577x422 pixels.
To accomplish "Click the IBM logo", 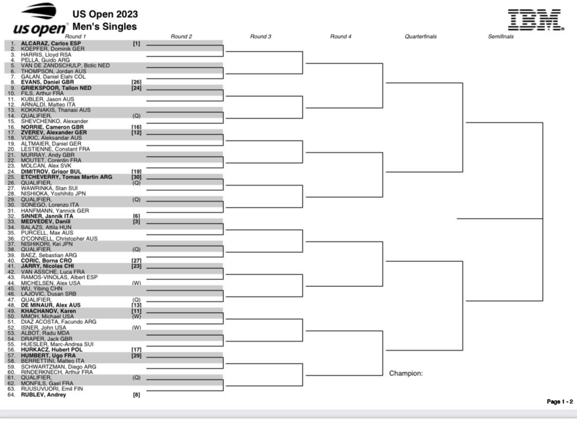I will click(x=535, y=20).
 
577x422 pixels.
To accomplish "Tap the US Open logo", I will click(x=40, y=19).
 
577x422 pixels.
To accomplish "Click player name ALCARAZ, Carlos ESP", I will click(x=51, y=43).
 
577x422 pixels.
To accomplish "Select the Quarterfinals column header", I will click(x=421, y=36).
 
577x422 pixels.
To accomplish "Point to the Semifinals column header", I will click(x=500, y=36).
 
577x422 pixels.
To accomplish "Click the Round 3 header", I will click(x=260, y=36).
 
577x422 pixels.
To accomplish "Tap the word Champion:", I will click(x=406, y=374).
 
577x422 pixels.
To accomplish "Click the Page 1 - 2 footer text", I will click(x=560, y=402).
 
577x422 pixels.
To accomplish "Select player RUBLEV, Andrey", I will click(x=43, y=395).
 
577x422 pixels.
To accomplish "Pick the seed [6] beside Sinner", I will click(x=137, y=216).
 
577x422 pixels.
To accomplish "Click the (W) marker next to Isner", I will click(x=137, y=328).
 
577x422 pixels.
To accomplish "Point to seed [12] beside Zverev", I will click(x=137, y=132).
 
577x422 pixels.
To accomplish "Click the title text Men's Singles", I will click(x=104, y=26).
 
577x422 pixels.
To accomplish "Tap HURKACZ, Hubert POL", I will click(x=51, y=350).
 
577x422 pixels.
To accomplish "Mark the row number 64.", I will click(x=11, y=395).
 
